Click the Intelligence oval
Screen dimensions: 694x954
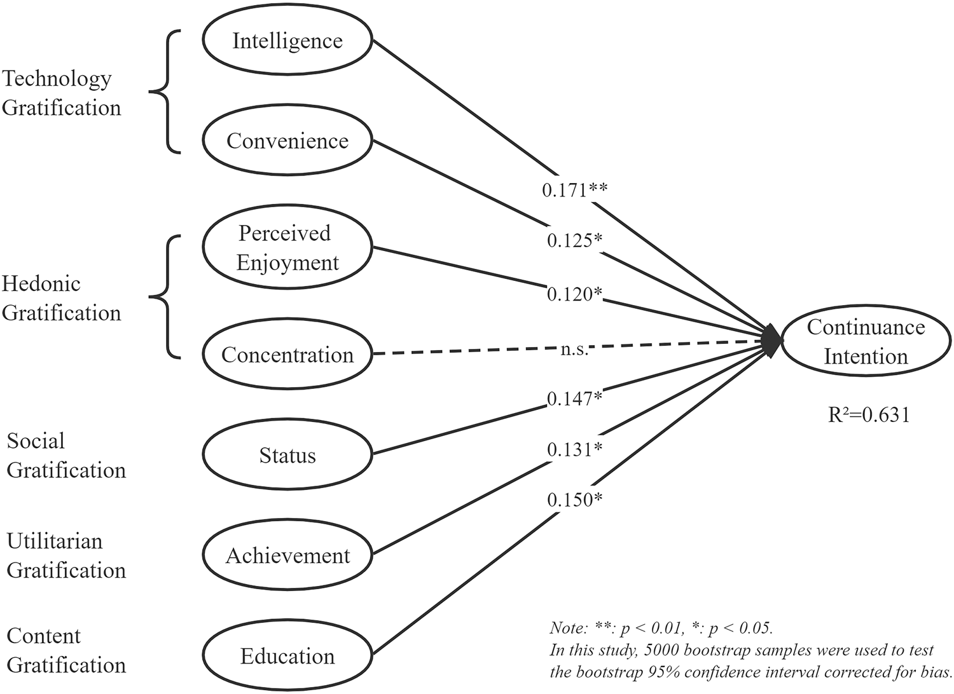point(287,41)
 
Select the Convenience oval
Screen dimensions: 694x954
point(287,141)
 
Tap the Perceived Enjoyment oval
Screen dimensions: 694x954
point(287,248)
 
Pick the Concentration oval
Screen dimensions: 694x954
point(287,355)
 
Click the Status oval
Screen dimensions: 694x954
point(287,456)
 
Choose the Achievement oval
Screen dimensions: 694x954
point(287,556)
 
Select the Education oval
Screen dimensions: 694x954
point(287,656)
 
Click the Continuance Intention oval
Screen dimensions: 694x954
point(866,342)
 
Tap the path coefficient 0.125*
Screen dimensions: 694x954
point(575,240)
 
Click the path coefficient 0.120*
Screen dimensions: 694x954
point(575,294)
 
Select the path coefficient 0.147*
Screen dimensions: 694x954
point(575,398)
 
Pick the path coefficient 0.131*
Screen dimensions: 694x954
point(575,449)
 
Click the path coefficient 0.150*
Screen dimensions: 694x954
point(575,500)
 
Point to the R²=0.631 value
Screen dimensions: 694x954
point(869,415)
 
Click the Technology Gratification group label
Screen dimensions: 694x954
point(61,93)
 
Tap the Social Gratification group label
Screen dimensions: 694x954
point(66,456)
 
